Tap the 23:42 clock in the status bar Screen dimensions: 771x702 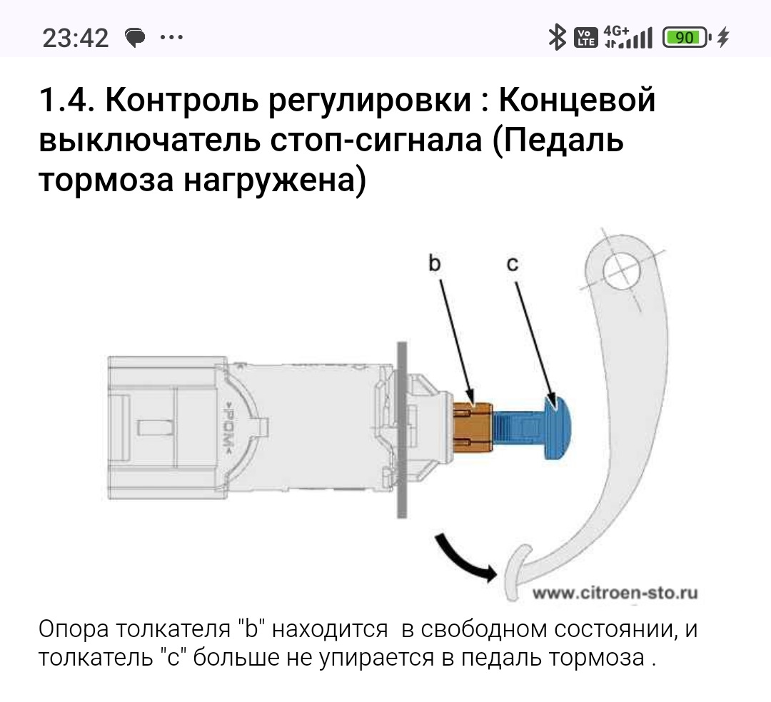[75, 38]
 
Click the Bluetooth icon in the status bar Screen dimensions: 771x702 [557, 38]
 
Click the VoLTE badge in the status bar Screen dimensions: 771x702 [585, 38]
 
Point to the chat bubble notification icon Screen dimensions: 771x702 [135, 37]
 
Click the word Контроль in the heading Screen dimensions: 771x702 [182, 100]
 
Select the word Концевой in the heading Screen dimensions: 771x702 [578, 100]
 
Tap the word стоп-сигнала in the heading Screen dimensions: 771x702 [376, 141]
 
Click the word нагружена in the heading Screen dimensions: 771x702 [269, 180]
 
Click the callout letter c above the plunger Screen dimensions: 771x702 [513, 264]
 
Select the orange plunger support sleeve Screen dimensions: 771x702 [473, 427]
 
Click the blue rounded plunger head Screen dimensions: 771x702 [557, 427]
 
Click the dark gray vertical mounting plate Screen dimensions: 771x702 [402, 430]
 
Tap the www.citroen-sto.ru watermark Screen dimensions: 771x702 [615, 593]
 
